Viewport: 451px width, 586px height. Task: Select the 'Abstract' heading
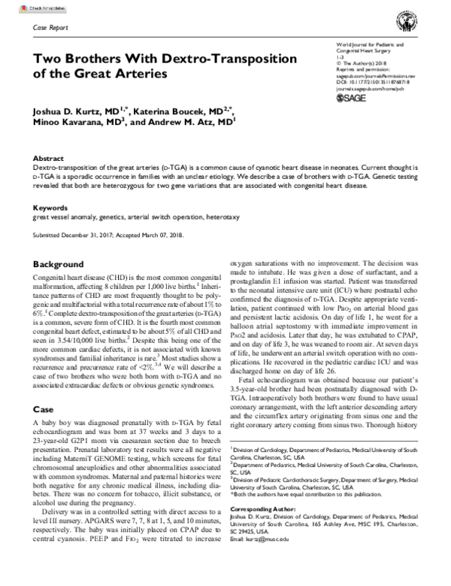click(47, 159)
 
